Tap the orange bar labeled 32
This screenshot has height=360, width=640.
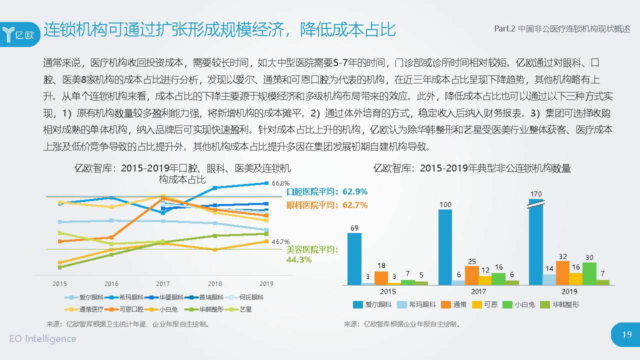tap(562, 273)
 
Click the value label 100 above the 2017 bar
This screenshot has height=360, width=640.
tap(445, 204)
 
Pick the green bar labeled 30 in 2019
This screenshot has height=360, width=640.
tap(589, 273)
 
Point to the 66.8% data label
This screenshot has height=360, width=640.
tap(281, 183)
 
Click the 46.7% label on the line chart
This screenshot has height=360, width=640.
tap(281, 242)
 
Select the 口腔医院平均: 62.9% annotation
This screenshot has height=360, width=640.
tap(327, 191)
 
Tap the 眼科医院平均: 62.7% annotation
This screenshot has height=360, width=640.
tap(327, 205)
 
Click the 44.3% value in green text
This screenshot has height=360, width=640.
tap(299, 259)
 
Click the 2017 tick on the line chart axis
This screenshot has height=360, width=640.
tap(163, 283)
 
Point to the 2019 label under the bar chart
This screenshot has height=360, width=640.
tap(569, 291)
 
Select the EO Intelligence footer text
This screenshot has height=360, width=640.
tap(43, 338)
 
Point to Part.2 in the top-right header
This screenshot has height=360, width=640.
tap(504, 29)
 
